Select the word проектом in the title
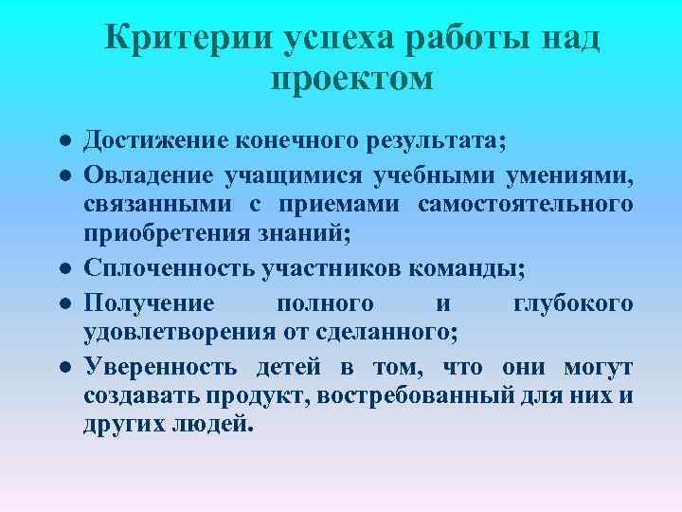pos(351,78)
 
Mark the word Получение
pos(149,303)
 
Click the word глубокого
pos(573,303)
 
